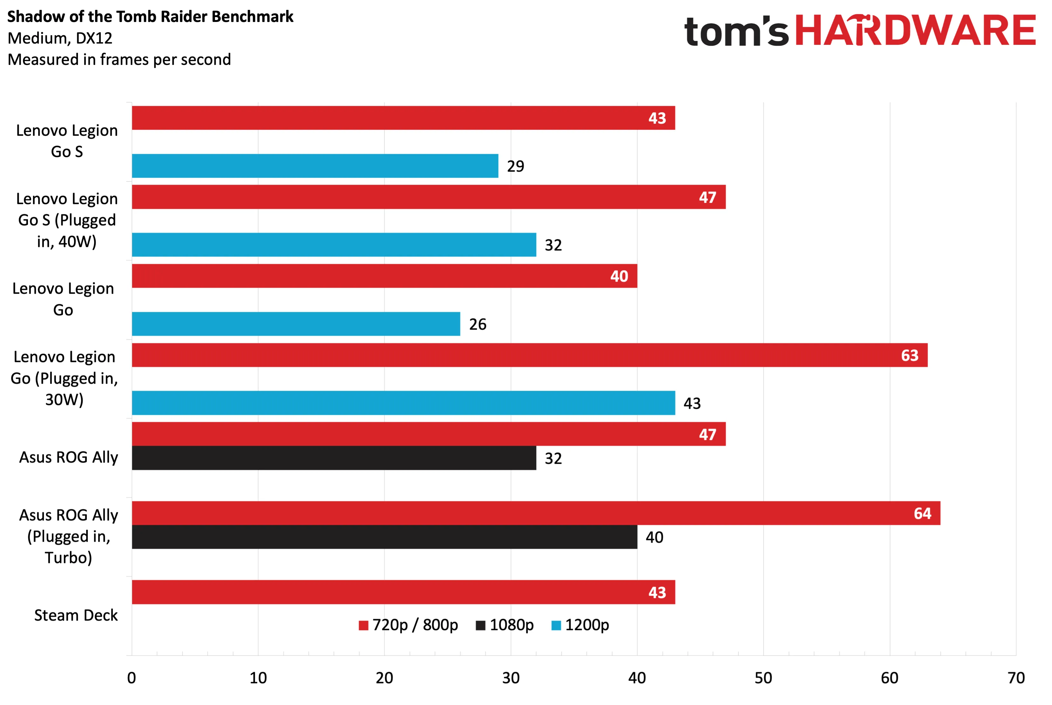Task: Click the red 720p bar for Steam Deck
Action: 403,592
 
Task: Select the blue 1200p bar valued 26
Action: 296,324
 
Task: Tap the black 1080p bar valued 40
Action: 384,537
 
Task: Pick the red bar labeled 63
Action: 530,355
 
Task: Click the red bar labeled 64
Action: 536,513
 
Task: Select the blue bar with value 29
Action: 315,166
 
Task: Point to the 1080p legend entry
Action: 505,625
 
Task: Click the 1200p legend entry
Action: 580,625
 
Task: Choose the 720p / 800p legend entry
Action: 408,625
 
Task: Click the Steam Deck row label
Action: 76,615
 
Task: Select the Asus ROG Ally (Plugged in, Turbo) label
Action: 68,537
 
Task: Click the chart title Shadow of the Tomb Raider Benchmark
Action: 150,17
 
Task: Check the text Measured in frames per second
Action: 119,60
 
